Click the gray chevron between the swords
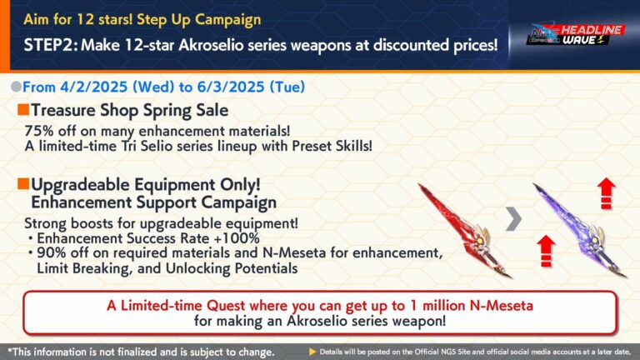click(515, 220)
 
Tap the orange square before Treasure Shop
click(22, 109)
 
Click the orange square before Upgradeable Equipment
click(22, 182)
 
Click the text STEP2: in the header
click(42, 43)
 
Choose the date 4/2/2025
click(94, 87)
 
